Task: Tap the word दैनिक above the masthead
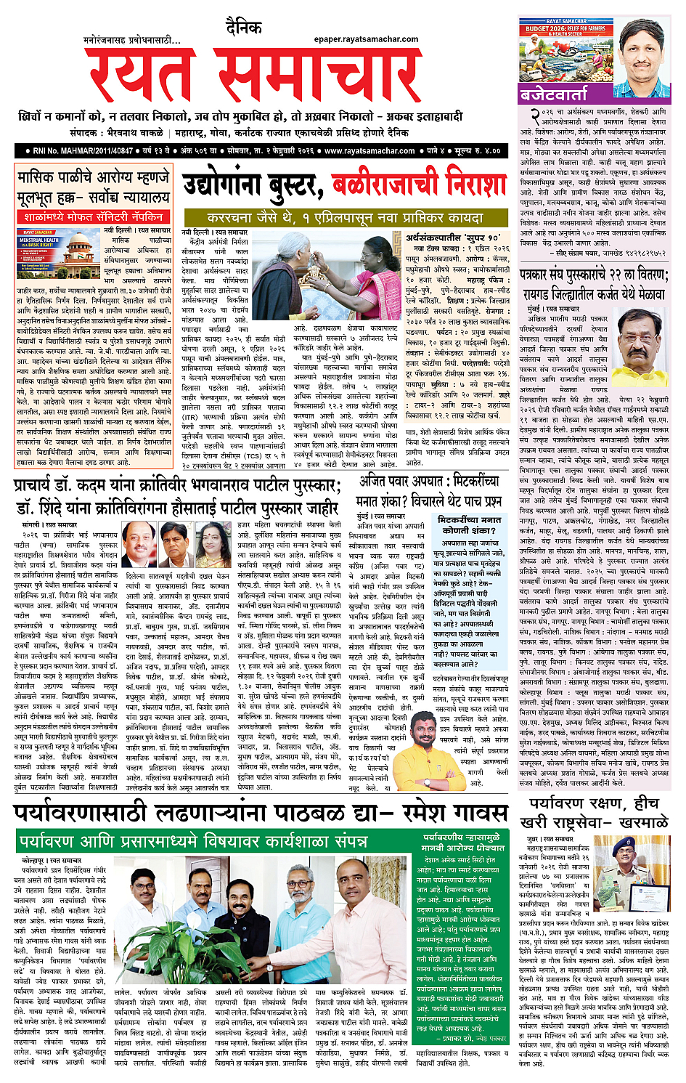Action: [243, 28]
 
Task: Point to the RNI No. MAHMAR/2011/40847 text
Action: [83, 151]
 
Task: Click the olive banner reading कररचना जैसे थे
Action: [346, 217]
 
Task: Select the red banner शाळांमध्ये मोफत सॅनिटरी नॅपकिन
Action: [93, 217]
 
